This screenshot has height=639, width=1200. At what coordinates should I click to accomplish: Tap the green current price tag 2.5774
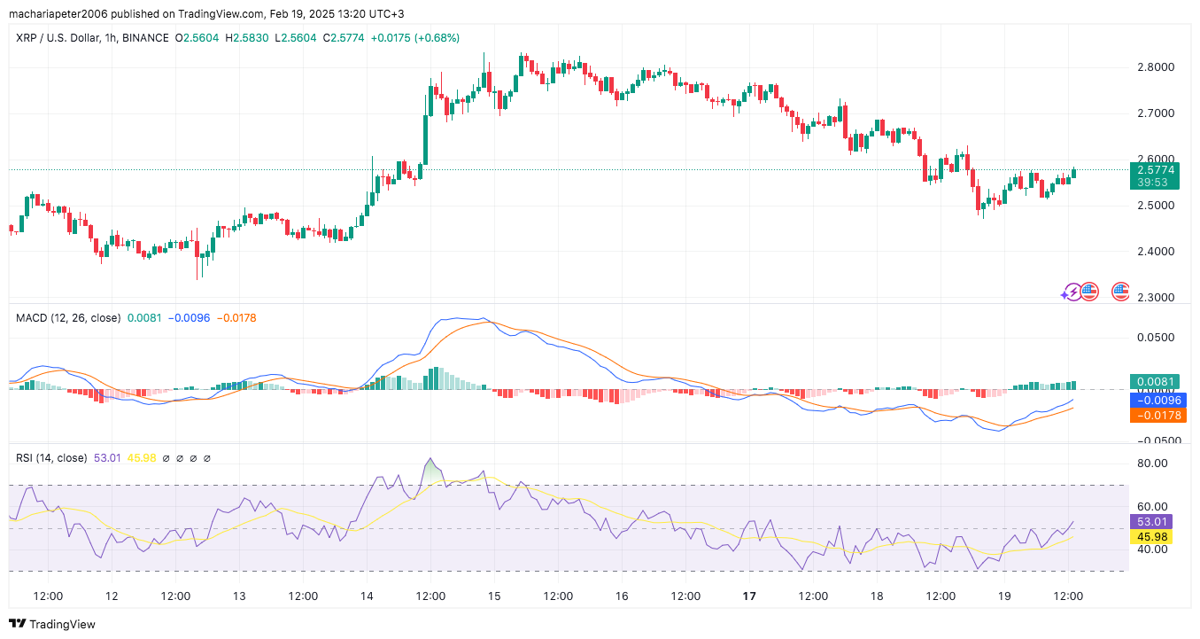1153,169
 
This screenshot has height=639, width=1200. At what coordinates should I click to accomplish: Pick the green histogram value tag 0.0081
1153,382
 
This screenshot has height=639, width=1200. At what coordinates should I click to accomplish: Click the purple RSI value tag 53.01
1153,522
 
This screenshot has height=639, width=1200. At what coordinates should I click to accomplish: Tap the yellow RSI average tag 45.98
1153,537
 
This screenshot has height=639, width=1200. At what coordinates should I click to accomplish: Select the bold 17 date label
748,596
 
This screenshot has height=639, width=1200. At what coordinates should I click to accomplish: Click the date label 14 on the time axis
367,596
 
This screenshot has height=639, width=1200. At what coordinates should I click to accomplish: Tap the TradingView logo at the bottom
52,624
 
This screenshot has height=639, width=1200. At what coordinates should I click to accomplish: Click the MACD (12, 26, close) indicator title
68,317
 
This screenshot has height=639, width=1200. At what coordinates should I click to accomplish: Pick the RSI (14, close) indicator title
51,458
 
